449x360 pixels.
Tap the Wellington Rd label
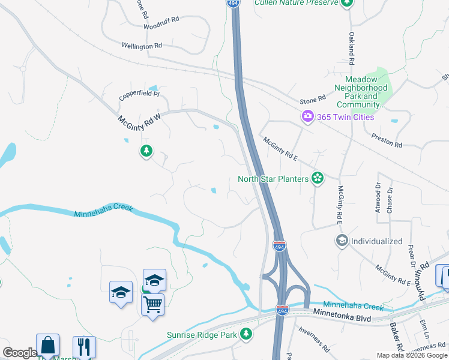(x=142, y=46)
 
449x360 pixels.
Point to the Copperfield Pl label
(x=139, y=94)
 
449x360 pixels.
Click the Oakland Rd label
(x=351, y=49)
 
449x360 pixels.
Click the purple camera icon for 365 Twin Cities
(x=308, y=116)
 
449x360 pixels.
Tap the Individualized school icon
(x=342, y=241)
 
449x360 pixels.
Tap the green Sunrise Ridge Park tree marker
(x=245, y=334)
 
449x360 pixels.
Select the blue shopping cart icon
(x=152, y=304)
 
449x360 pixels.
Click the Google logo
(x=20, y=353)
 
